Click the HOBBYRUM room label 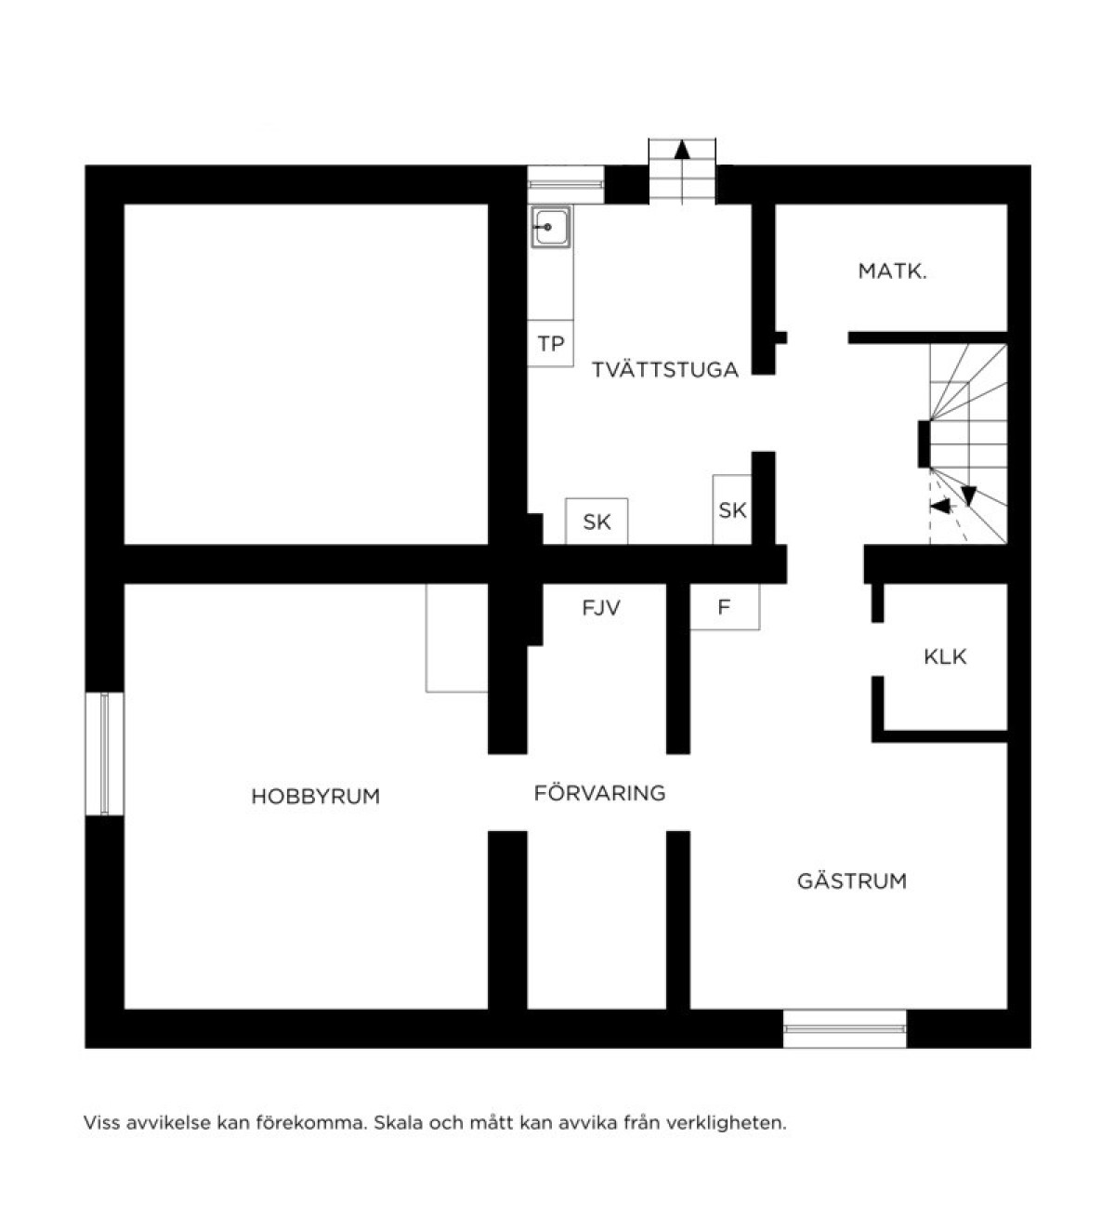click(316, 797)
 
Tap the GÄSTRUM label click(852, 880)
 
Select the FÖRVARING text click(600, 793)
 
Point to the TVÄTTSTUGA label click(665, 370)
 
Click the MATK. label click(893, 271)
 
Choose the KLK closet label click(945, 657)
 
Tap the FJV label click(601, 607)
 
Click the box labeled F click(725, 607)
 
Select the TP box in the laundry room click(550, 343)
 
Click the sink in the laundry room click(551, 228)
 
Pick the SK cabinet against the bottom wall click(597, 522)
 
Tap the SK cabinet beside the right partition click(732, 509)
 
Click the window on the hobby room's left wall click(104, 753)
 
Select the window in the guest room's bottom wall click(845, 1029)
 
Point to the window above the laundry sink click(566, 184)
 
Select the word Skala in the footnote click(399, 1123)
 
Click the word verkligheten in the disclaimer click(727, 1123)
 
